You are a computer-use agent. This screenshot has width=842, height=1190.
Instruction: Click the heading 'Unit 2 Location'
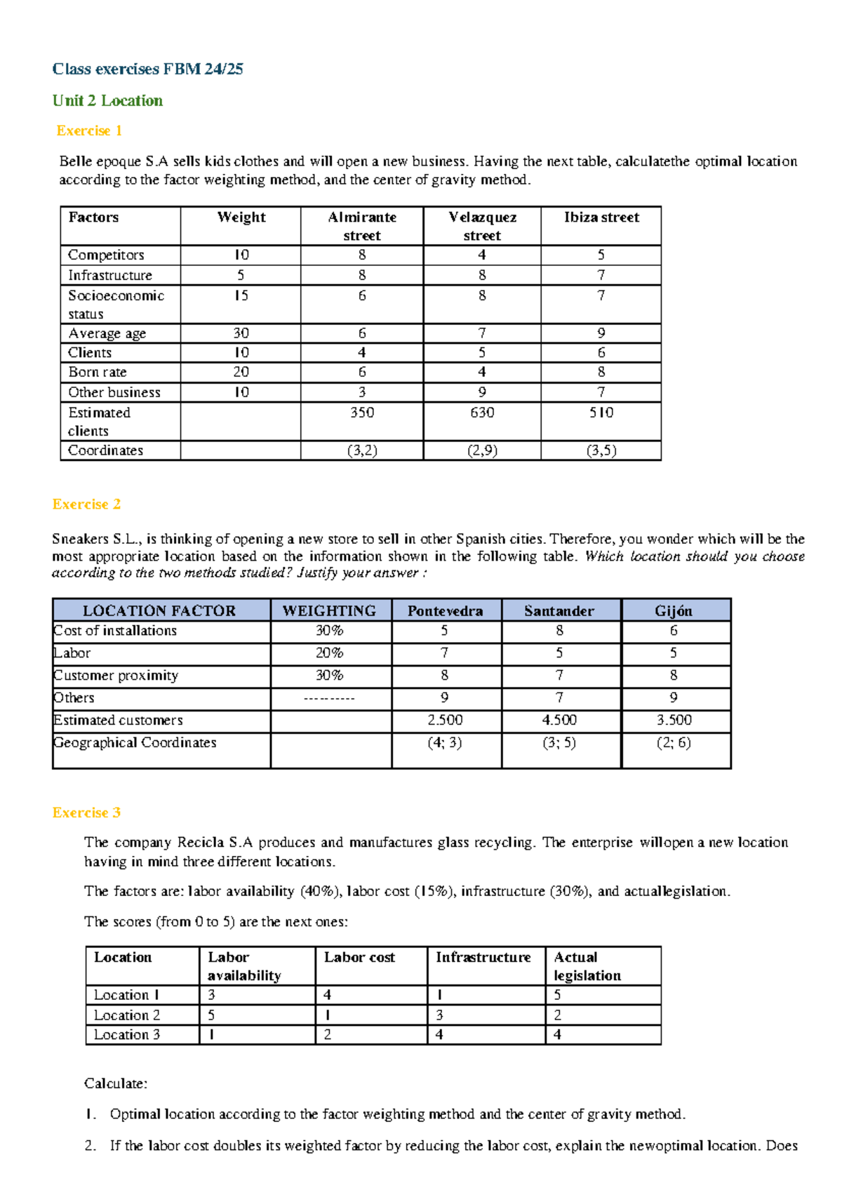coord(107,100)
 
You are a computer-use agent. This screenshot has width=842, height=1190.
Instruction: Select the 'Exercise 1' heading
coord(89,131)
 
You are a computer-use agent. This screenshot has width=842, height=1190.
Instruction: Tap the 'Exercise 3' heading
coord(86,813)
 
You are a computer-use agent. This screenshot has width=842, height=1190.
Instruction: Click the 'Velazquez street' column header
coord(482,226)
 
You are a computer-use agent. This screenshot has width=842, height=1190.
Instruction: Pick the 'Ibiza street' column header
coord(601,218)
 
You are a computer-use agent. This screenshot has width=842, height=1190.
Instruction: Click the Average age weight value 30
coord(241,333)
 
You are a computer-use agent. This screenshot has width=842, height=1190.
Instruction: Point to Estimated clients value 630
coord(482,413)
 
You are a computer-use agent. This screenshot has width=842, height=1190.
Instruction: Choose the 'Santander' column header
coord(559,610)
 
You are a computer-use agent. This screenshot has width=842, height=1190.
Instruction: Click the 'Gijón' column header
coord(674,610)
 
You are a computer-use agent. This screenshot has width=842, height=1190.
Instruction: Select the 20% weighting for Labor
coord(329,653)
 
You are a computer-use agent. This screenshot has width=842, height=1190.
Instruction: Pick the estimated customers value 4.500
coord(559,720)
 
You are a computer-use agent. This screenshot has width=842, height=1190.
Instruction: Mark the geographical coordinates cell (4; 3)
coord(445,742)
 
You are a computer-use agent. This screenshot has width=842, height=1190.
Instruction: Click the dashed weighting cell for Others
coord(329,698)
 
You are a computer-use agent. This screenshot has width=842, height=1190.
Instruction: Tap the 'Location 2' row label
coord(127,1015)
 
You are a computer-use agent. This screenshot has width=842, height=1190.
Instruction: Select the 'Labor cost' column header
coord(359,957)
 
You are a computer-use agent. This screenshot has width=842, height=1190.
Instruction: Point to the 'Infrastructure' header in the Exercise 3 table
coord(483,957)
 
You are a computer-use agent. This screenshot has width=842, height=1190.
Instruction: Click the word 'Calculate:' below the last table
coord(116,1083)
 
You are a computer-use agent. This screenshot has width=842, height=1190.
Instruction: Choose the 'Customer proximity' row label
coord(116,676)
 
